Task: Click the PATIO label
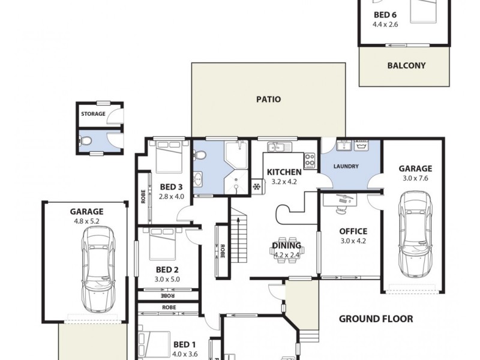[x=268, y=100]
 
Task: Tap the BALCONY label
[x=406, y=66]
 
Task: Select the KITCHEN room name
[x=284, y=172]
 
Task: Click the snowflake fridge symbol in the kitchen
[x=257, y=187]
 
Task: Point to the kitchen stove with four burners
[x=310, y=161]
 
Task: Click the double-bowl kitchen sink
[x=280, y=146]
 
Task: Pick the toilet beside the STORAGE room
[x=86, y=142]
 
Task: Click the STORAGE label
[x=93, y=114]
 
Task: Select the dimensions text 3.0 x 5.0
[x=167, y=279]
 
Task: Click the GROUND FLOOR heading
[x=376, y=319]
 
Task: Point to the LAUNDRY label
[x=347, y=166]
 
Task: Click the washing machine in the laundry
[x=362, y=146]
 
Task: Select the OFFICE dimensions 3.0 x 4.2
[x=353, y=241]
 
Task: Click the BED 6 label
[x=385, y=15]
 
